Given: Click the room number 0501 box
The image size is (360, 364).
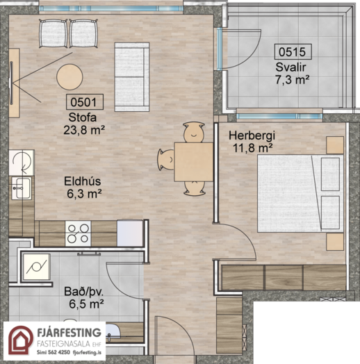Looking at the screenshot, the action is [x=85, y=102].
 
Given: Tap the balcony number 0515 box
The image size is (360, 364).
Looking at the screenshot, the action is [x=293, y=51].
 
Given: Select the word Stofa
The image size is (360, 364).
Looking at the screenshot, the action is [x=83, y=117].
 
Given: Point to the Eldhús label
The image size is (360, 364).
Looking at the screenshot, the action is [x=83, y=181].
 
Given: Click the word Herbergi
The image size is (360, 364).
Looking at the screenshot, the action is [x=252, y=135].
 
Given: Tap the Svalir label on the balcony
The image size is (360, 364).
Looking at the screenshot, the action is [x=291, y=67].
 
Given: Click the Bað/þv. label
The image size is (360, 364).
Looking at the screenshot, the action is [x=83, y=292].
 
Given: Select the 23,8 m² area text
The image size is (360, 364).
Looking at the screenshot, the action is [x=84, y=130].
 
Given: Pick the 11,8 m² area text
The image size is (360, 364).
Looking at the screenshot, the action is [x=252, y=148].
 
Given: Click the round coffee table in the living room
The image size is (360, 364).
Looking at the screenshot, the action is [x=69, y=77].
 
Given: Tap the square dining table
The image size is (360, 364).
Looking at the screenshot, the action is [x=194, y=162].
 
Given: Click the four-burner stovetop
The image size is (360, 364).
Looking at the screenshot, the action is [x=78, y=233].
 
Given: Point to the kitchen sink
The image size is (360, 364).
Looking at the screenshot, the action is [x=22, y=188].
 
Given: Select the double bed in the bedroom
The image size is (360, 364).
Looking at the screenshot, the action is [x=300, y=193].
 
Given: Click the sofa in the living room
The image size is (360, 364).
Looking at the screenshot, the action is [x=132, y=77].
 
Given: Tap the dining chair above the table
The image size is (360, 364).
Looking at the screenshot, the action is [x=194, y=133].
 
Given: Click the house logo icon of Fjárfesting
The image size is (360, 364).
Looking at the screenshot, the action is [x=21, y=340].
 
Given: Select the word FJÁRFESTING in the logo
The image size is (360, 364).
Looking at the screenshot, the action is [x=69, y=333].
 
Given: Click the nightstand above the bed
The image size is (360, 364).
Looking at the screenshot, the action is [x=335, y=145].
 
